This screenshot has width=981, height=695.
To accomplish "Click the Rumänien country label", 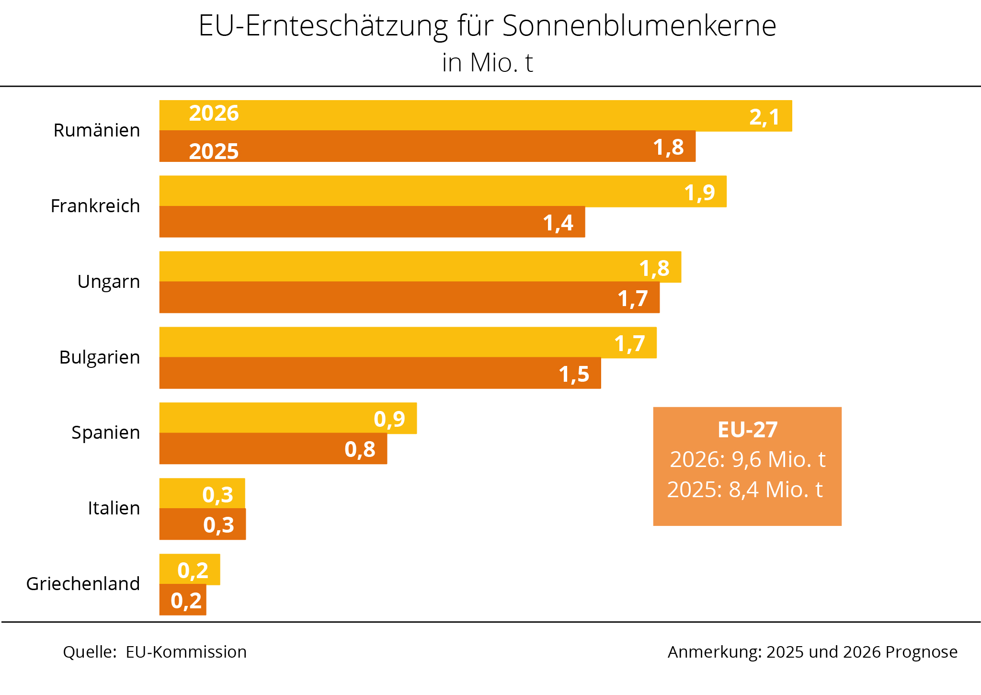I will (x=97, y=130).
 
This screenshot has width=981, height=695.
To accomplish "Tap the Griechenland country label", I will (x=83, y=584).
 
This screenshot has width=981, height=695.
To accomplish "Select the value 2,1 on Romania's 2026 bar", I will (x=764, y=117).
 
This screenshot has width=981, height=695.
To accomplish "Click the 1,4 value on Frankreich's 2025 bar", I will (x=558, y=223).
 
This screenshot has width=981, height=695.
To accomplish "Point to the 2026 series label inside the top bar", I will (x=214, y=114).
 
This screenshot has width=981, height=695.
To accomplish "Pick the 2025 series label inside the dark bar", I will (x=214, y=151).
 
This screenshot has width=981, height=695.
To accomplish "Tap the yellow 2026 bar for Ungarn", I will (x=383, y=267).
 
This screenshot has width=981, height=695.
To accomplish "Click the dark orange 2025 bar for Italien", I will (x=182, y=524).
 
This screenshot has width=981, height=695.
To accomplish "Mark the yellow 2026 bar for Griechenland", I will (x=168, y=570).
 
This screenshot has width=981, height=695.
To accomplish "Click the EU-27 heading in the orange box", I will (x=747, y=430).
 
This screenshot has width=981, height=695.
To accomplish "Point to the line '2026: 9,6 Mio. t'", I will (x=747, y=459).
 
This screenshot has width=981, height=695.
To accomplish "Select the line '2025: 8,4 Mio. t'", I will (x=745, y=490).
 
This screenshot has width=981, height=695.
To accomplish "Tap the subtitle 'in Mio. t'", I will (x=487, y=63).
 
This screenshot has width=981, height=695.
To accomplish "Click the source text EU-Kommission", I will (x=186, y=652).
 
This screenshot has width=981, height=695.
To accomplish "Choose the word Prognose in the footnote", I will (x=921, y=652).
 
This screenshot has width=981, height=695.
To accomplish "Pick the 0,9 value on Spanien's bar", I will (x=389, y=419).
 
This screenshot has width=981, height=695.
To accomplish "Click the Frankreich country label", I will (x=95, y=206).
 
